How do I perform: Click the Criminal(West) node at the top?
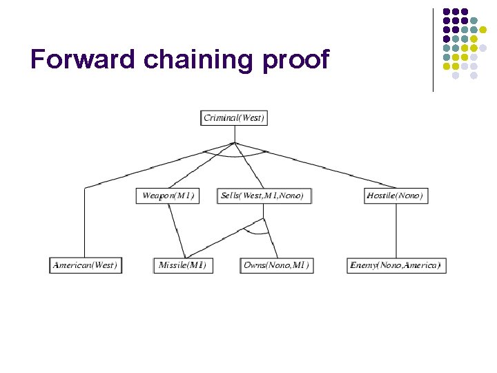pyautogui.click(x=234, y=117)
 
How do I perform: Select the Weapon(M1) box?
pyautogui.click(x=168, y=195)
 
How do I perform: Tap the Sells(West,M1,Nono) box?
pyautogui.click(x=262, y=195)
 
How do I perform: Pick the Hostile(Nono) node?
pyautogui.click(x=395, y=195)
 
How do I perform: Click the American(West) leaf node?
pyautogui.click(x=85, y=265)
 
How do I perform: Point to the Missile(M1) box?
pyautogui.click(x=182, y=265)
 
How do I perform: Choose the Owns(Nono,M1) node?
pyautogui.click(x=276, y=265)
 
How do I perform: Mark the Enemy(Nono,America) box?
pyautogui.click(x=396, y=265)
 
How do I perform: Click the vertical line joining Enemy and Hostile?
pyautogui.click(x=396, y=230)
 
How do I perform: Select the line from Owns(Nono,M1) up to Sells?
pyautogui.click(x=270, y=238)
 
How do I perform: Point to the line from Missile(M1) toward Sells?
pyautogui.click(x=224, y=238)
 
